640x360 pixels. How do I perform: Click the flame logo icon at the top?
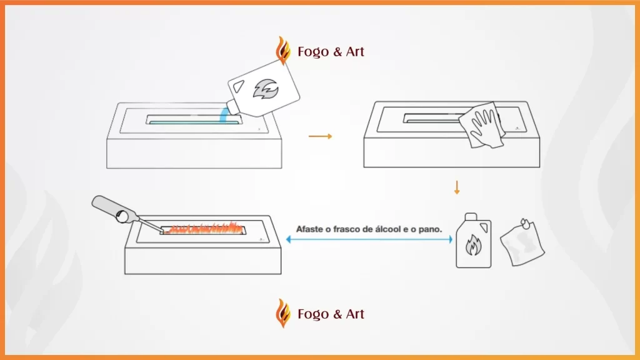283,51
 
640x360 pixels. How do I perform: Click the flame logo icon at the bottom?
283,313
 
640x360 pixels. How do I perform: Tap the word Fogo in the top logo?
313,52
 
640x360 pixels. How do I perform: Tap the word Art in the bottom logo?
355,314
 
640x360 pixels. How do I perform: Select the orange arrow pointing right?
321,136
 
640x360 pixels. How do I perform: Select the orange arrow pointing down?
457,187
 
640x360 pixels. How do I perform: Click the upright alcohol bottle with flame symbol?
474,241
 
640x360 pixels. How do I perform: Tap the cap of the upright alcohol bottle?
471,216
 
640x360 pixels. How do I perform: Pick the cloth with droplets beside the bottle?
522,242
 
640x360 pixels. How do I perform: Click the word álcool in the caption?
387,229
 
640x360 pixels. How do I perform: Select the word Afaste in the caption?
309,229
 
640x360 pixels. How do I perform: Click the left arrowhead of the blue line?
289,239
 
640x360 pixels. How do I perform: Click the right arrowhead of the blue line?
450,239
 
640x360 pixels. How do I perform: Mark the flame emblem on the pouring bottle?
266,89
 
